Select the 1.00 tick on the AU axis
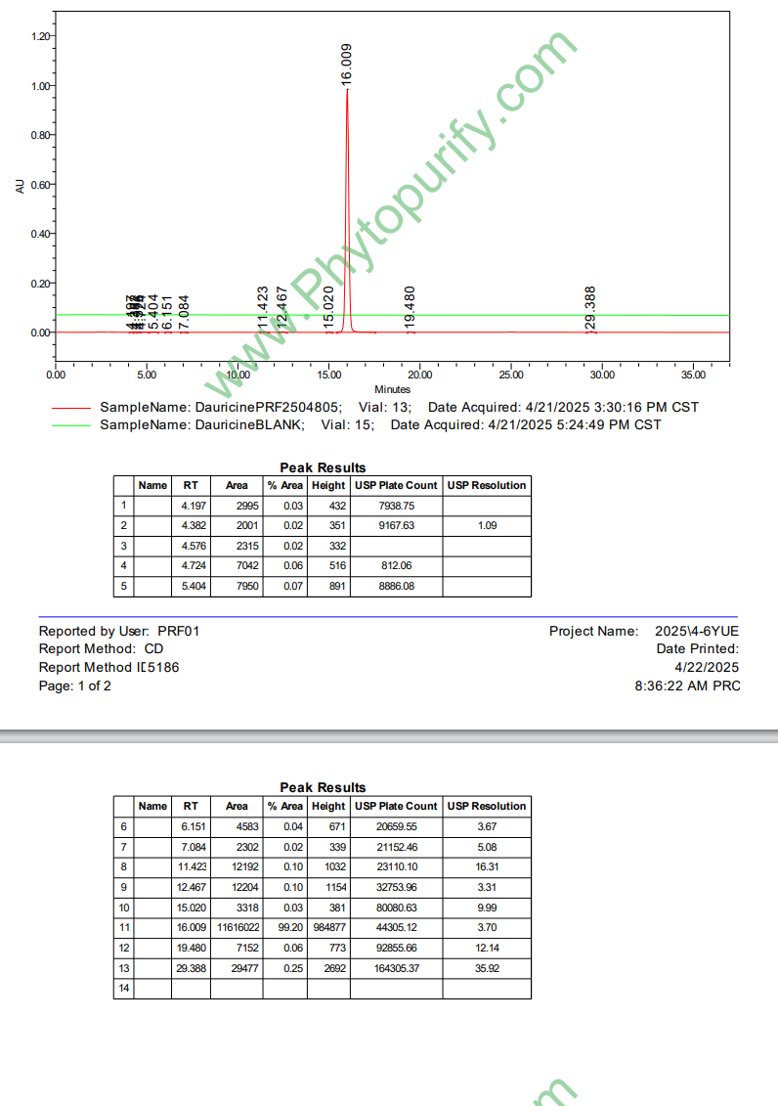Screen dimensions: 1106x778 pos(41,85)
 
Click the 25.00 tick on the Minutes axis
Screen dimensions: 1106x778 pos(511,375)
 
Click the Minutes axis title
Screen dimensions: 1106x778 pos(392,389)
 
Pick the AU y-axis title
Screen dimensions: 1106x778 pos(20,186)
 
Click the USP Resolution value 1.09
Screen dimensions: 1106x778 pos(487,525)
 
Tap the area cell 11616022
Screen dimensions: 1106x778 pos(237,927)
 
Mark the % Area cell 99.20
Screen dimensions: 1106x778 pos(285,927)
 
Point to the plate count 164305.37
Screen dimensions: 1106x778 pos(396,968)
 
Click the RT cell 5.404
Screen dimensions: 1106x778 pos(194,587)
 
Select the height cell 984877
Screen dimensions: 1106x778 pos(328,927)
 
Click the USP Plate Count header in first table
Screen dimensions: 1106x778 pos(396,485)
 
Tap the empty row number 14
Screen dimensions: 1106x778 pos(124,989)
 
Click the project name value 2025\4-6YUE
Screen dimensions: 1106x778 pos(697,632)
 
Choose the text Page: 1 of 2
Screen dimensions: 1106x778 pos(75,686)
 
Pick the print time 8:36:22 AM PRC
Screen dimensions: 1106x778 pos(687,686)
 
